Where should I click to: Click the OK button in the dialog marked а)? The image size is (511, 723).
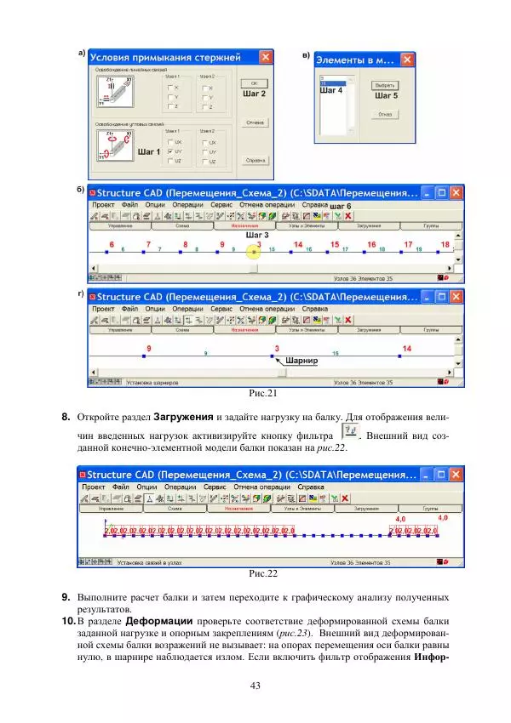pos(253,83)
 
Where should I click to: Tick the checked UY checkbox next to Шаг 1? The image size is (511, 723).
pos(172,151)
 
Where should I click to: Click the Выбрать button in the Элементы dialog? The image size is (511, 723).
pos(386,86)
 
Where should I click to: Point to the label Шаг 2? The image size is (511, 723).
pos(254,94)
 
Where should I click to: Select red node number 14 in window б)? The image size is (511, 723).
pos(297,245)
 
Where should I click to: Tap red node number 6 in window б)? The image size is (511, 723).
pos(111,245)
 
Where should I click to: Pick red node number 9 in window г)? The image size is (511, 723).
pos(149,349)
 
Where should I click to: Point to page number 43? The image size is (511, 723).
pos(255,686)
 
